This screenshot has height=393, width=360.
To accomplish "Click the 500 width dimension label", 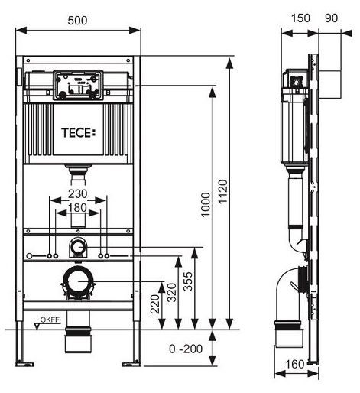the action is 77,21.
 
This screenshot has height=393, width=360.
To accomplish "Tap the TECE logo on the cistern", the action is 79,133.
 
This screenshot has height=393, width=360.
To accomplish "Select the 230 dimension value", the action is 78,194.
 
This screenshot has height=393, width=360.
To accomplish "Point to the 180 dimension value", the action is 77,208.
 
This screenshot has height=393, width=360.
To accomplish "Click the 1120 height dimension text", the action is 223,191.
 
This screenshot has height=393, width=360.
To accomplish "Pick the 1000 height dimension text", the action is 206,205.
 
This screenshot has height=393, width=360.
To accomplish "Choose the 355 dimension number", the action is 188,281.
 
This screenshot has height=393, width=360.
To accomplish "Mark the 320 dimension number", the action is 172,293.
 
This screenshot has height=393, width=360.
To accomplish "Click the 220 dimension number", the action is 155,304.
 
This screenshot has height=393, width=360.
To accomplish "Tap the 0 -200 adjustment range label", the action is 186,349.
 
